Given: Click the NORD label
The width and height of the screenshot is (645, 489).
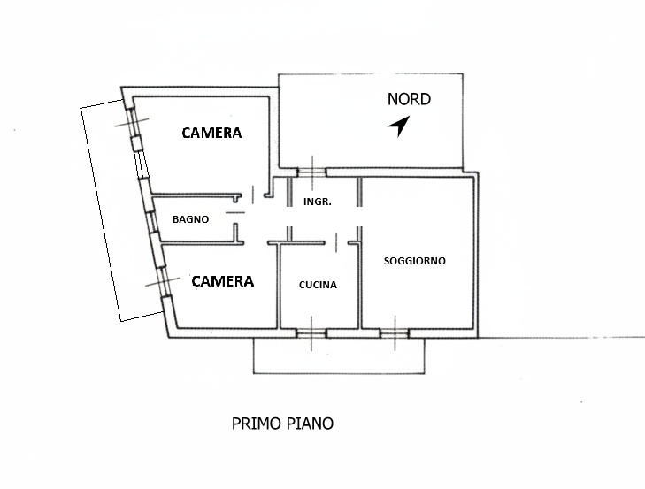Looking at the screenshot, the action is (x=409, y=99).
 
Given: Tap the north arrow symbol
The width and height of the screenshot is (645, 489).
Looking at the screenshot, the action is (x=399, y=126).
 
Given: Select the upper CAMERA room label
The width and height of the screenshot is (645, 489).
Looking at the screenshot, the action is (x=211, y=133).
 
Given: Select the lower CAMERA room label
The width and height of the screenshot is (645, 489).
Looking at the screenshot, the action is (x=223, y=281).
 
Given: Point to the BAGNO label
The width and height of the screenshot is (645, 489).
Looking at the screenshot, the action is (x=190, y=219).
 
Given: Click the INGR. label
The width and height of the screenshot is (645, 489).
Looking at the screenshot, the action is (x=318, y=202).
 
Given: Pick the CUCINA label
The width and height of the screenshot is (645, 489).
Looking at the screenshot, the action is (x=318, y=285).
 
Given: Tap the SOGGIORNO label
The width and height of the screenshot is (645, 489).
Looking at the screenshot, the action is (x=415, y=261).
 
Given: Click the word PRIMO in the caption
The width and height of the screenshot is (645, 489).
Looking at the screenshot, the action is (x=257, y=424).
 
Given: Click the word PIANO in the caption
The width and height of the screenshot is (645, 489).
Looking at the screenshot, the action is (x=311, y=424).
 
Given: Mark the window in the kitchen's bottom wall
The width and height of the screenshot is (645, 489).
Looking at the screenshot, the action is (x=311, y=333).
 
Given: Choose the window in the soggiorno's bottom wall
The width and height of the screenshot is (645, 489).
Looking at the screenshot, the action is (x=395, y=333).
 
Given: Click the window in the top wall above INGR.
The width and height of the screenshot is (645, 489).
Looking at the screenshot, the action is (x=311, y=172).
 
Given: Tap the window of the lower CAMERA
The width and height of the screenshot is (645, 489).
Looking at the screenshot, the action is (x=164, y=282).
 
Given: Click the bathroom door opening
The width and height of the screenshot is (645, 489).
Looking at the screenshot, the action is (x=235, y=212).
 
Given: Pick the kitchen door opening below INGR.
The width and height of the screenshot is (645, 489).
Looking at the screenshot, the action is (x=336, y=242).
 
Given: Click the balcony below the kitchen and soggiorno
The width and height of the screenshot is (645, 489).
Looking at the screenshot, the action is (x=339, y=355).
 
